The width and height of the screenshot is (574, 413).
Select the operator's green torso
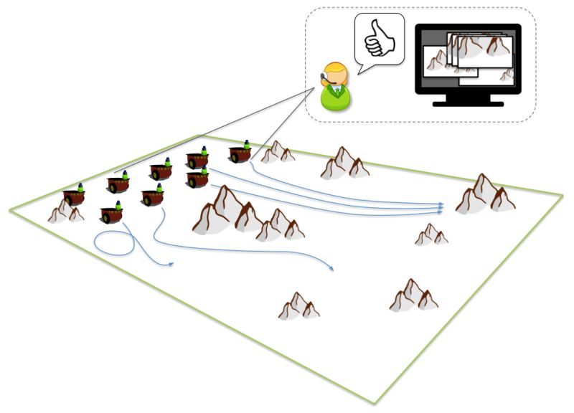tap(336, 98)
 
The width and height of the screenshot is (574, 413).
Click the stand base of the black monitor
tap(468, 103)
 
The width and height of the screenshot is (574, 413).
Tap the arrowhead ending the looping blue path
tap(172, 265)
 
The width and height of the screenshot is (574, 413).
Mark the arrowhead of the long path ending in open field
tap(332, 269)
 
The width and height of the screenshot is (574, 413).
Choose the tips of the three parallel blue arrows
tap(442, 208)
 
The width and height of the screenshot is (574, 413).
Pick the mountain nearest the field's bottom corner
tap(298, 306)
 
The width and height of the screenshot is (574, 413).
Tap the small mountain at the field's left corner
tap(65, 212)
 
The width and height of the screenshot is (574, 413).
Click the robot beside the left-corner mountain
tap(74, 195)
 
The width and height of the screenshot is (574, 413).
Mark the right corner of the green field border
tap(562, 194)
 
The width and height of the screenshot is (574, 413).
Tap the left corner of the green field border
tap(10, 209)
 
